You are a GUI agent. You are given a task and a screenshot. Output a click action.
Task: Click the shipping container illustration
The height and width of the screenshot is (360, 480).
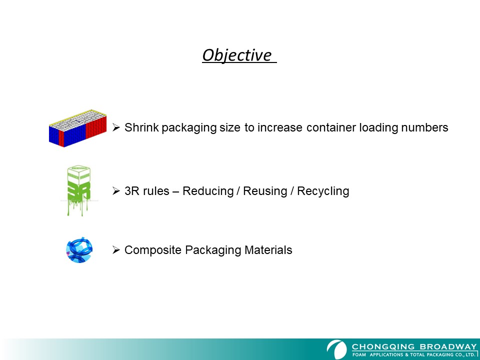click(78, 128)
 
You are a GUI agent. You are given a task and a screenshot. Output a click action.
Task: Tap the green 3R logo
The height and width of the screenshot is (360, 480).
click(78, 190)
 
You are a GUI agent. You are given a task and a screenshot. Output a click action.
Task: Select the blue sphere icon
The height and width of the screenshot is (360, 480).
click(79, 250)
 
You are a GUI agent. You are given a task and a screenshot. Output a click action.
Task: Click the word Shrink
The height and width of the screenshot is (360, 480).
click(141, 127)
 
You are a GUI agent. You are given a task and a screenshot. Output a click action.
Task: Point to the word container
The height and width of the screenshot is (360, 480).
click(331, 127)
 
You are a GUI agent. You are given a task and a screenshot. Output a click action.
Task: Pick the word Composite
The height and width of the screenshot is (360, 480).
click(153, 250)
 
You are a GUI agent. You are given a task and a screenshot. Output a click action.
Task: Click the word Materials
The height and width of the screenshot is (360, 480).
click(268, 250)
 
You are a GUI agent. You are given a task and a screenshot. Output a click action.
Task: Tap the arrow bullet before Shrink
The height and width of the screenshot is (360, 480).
click(116, 127)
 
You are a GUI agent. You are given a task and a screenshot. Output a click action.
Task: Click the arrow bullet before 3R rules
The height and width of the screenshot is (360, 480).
click(116, 190)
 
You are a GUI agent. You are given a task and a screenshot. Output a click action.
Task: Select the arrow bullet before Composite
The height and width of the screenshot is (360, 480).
click(116, 250)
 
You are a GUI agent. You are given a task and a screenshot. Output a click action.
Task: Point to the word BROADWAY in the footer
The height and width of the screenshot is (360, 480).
click(448, 347)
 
